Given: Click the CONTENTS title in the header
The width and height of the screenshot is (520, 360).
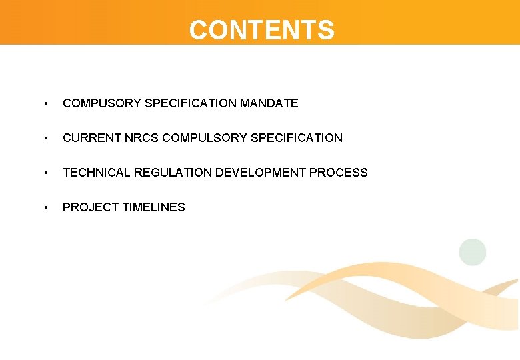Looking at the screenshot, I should tap(261, 30).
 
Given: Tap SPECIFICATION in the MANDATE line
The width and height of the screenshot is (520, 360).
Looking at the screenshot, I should tap(191, 103).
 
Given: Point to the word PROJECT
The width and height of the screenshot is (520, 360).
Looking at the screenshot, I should tap(91, 207).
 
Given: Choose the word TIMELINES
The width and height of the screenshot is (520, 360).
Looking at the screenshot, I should tap(153, 207).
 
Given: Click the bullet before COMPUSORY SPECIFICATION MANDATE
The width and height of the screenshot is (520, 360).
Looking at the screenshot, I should tap(45, 104).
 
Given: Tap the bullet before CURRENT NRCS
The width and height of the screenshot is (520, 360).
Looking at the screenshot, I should tap(45, 139).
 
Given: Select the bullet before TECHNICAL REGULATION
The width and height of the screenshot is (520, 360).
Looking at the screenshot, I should tap(45, 173).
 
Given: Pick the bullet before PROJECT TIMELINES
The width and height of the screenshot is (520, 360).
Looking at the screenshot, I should tap(45, 208).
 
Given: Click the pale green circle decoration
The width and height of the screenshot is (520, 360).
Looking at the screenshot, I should tap(473, 252).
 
